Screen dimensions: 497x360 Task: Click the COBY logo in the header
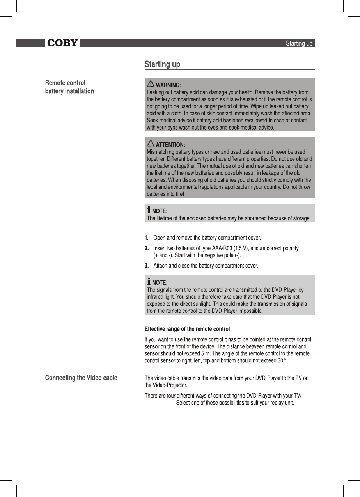coord(62,43)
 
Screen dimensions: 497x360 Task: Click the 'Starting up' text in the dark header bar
coord(299,43)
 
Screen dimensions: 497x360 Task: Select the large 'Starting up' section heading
coord(162,64)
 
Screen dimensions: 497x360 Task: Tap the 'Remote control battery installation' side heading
coord(69,87)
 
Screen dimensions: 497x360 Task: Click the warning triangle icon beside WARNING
coord(150,84)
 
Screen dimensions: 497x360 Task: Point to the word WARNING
coord(168,85)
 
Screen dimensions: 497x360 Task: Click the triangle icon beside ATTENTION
coord(150,144)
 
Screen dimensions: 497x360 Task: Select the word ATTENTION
coord(170,145)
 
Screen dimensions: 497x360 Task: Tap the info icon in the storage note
coord(149,210)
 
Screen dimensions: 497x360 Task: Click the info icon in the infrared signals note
coord(149,282)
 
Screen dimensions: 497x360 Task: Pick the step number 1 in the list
coord(147,238)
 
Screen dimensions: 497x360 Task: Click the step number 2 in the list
coord(147,248)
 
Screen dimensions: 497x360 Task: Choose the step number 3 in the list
coord(147,266)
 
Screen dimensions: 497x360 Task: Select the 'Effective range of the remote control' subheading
coord(187,329)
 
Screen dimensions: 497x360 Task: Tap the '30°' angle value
coord(282,361)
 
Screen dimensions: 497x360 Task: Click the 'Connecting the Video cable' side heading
coord(81,378)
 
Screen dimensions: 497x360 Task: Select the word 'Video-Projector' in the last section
coord(168,385)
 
